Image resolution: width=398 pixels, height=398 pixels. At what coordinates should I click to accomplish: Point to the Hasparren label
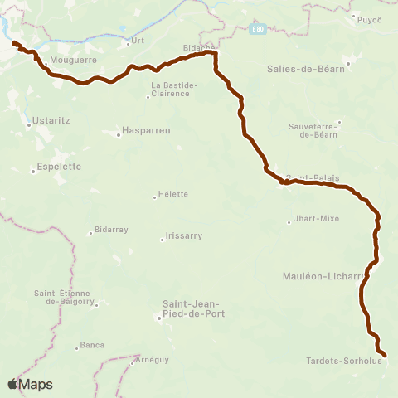(x=145, y=130)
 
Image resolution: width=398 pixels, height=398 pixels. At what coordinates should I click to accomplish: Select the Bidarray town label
(x=112, y=230)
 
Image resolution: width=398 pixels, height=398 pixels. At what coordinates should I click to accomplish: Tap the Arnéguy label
(x=153, y=361)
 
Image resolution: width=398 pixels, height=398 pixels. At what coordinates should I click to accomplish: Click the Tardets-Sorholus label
(x=343, y=361)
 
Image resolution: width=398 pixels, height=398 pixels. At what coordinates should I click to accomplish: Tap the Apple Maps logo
(x=30, y=384)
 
